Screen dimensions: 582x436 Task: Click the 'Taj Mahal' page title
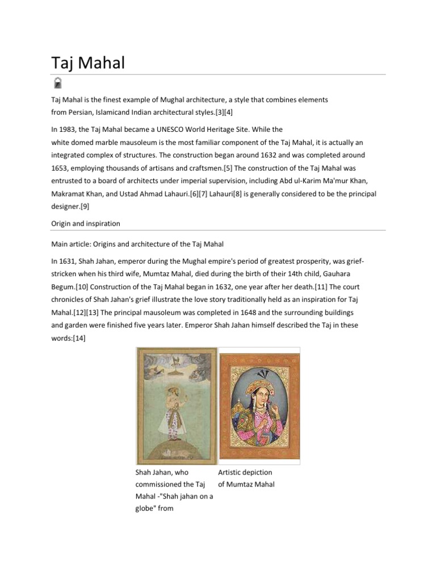pyautogui.click(x=87, y=63)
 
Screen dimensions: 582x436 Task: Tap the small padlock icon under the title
pyautogui.click(x=58, y=84)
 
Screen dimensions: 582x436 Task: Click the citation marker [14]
pyautogui.click(x=79, y=338)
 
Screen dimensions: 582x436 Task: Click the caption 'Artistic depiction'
pyautogui.click(x=245, y=472)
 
